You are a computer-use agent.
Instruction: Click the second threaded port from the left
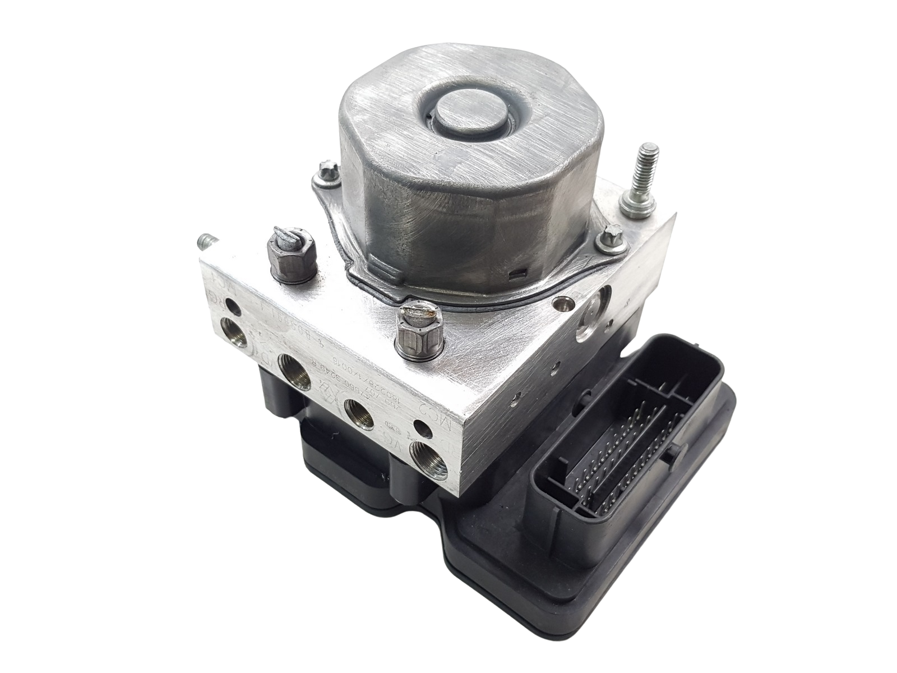point(295,372)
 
